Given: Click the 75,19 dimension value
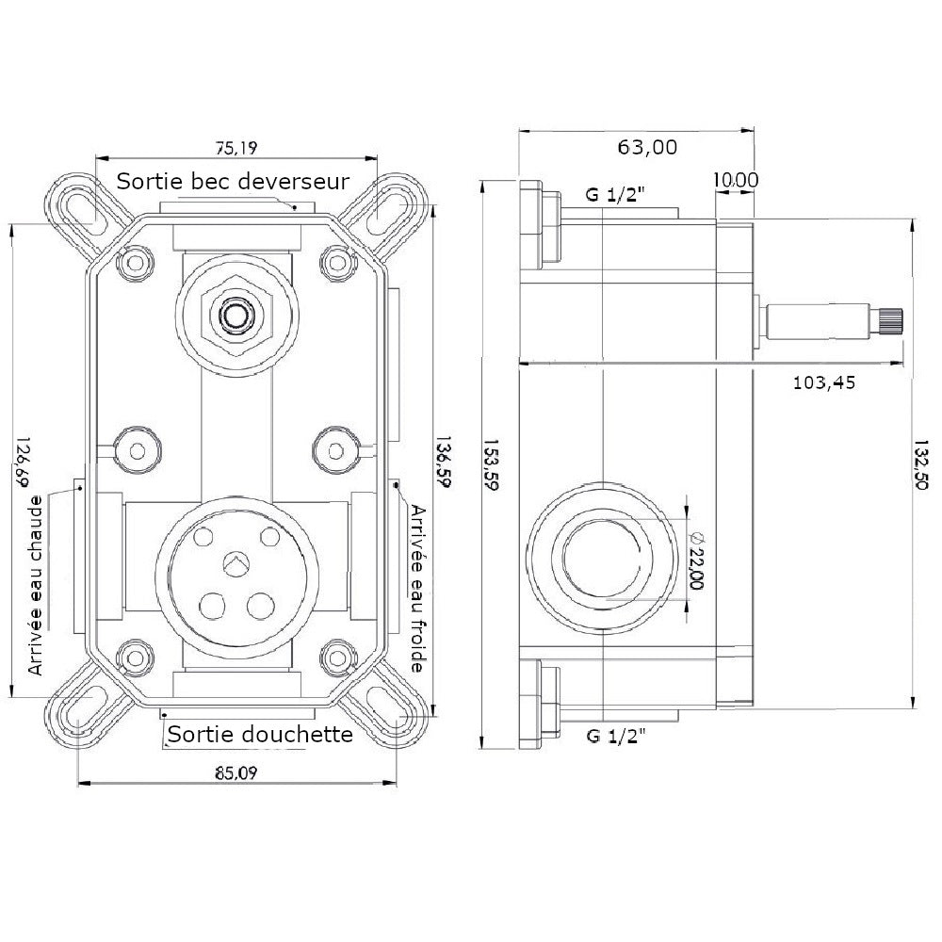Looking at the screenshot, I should (x=236, y=147).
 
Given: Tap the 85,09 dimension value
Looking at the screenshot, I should (x=235, y=774).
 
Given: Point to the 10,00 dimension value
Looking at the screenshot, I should (x=736, y=179).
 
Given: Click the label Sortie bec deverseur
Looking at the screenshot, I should (x=233, y=180).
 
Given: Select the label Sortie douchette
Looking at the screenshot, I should (x=259, y=733).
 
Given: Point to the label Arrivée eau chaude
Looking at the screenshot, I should (x=37, y=585).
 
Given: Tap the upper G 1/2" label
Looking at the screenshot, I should (x=614, y=196).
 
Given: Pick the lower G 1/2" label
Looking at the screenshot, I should (x=614, y=735).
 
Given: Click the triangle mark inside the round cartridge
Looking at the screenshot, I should (x=234, y=563).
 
